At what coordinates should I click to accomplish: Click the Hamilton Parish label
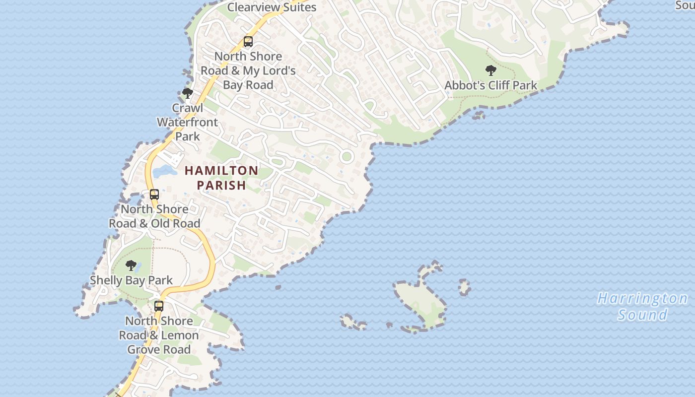[x=221, y=178]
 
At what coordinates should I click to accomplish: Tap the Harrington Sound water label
[x=642, y=306]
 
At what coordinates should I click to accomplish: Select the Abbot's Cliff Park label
[x=490, y=85]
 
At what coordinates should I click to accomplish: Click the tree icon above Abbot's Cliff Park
[x=490, y=70]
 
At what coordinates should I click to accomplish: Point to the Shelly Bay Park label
[x=131, y=280]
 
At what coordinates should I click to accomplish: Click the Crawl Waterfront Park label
[x=187, y=122]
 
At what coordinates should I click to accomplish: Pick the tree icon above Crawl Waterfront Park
[x=187, y=93]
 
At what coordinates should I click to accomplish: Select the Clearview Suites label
[x=272, y=7]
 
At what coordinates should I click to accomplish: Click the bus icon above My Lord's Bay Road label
[x=248, y=42]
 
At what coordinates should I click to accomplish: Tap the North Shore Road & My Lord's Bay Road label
[x=248, y=70]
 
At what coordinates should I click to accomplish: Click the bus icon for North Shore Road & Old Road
[x=154, y=195]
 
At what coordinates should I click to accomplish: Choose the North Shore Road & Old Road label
[x=154, y=216]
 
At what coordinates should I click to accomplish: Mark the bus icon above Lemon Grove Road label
[x=159, y=306]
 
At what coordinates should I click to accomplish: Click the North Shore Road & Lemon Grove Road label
[x=159, y=335]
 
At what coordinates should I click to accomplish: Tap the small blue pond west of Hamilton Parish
[x=164, y=172]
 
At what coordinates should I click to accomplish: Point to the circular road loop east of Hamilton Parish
[x=347, y=157]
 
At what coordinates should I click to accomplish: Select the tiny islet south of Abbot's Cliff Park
[x=479, y=115]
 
